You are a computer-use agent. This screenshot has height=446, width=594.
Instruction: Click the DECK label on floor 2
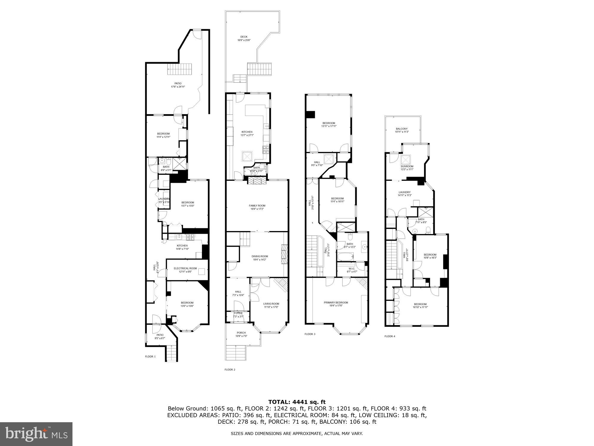click(x=244, y=37)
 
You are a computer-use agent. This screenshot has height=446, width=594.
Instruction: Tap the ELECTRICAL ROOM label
click(x=185, y=268)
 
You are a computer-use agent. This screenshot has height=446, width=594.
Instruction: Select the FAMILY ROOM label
click(x=257, y=205)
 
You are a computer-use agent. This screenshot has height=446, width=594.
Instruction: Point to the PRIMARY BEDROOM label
click(x=336, y=302)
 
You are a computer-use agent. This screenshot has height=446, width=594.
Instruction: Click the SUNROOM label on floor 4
click(x=407, y=167)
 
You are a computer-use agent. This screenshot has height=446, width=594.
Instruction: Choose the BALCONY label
click(x=402, y=129)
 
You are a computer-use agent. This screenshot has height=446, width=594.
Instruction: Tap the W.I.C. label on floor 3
click(x=351, y=268)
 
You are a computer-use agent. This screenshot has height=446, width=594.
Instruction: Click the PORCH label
click(x=241, y=333)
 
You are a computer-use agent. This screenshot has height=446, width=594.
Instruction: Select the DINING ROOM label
click(x=260, y=256)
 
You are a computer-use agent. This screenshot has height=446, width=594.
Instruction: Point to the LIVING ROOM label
click(x=271, y=304)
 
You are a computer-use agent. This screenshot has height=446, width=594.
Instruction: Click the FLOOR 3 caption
click(x=310, y=334)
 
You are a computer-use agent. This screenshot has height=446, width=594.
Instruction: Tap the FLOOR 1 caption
click(x=150, y=357)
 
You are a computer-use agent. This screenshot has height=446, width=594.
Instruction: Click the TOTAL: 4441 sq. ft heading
click(x=297, y=402)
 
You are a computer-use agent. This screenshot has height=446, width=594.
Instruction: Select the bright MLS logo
click(x=36, y=434)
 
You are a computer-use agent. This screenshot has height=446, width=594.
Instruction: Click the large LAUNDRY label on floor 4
click(x=405, y=192)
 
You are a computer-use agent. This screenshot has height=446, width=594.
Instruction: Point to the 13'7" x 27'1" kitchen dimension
click(x=247, y=135)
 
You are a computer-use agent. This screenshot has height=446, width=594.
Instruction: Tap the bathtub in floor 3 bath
click(x=345, y=256)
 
